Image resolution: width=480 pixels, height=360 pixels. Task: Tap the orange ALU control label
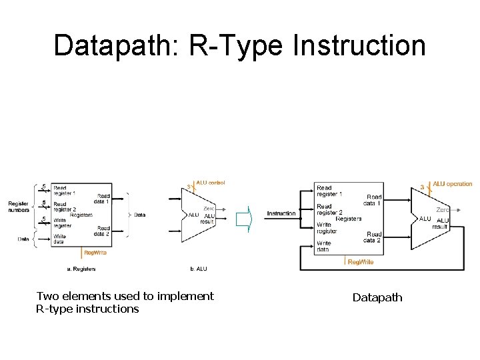click(x=210, y=183)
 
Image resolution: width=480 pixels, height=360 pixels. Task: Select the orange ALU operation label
click(x=452, y=184)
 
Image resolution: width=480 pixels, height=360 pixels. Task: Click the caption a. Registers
click(x=81, y=269)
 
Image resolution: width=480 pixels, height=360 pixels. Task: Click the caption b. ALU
click(x=199, y=269)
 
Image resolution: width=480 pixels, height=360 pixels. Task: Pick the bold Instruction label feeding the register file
click(x=281, y=213)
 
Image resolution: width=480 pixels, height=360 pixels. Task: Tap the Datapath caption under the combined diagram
click(x=377, y=297)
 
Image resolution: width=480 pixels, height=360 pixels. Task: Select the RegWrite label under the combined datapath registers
click(x=361, y=262)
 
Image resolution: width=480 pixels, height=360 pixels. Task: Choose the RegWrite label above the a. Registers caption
click(x=95, y=253)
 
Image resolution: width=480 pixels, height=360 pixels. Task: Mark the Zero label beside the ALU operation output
click(x=443, y=210)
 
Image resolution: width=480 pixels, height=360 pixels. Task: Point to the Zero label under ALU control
click(x=209, y=208)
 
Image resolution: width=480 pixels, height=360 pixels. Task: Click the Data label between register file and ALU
click(x=139, y=215)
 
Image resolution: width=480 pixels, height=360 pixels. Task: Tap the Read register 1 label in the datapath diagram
click(x=329, y=191)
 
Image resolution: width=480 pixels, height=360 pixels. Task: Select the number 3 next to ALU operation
click(x=421, y=187)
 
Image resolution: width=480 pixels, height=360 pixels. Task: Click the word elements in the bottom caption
click(x=88, y=296)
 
